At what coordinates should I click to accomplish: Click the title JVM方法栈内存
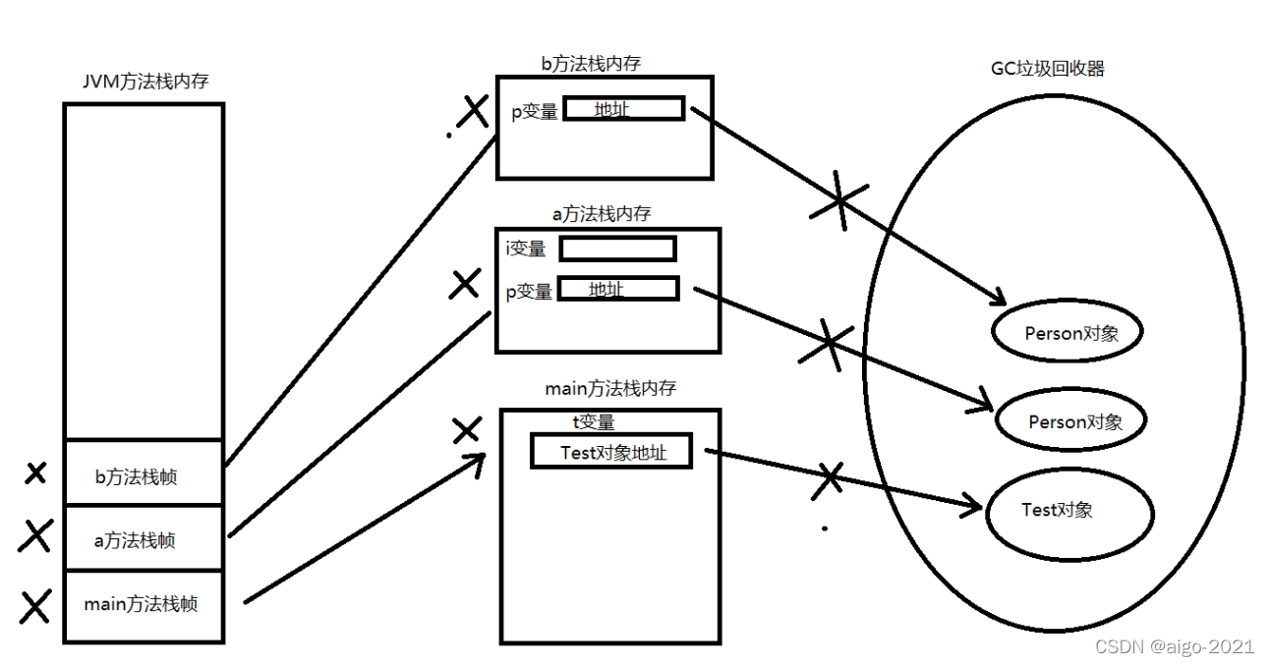pos(145,83)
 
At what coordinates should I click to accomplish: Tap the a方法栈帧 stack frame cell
pos(144,538)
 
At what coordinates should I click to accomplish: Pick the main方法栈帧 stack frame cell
pos(144,605)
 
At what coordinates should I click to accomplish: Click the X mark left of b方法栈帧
pos(35,473)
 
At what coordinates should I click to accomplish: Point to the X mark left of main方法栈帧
pos(35,606)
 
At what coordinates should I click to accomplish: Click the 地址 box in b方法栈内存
pos(623,109)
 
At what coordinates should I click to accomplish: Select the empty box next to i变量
pos(617,249)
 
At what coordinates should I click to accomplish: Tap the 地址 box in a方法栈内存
pos(618,289)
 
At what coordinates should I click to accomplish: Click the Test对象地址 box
pos(611,452)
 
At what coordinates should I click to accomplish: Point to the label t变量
pos(594,422)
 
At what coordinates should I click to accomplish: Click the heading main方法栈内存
pos(610,388)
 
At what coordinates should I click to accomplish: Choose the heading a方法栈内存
pos(601,213)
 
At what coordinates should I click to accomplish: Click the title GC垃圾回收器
pos(1048,69)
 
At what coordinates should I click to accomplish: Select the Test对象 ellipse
pos(1069,512)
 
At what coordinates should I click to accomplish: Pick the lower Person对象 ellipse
pos(1072,422)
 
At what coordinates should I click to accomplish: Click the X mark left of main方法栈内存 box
pos(466,429)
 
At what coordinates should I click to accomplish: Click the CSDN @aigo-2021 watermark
pos(1174,646)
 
